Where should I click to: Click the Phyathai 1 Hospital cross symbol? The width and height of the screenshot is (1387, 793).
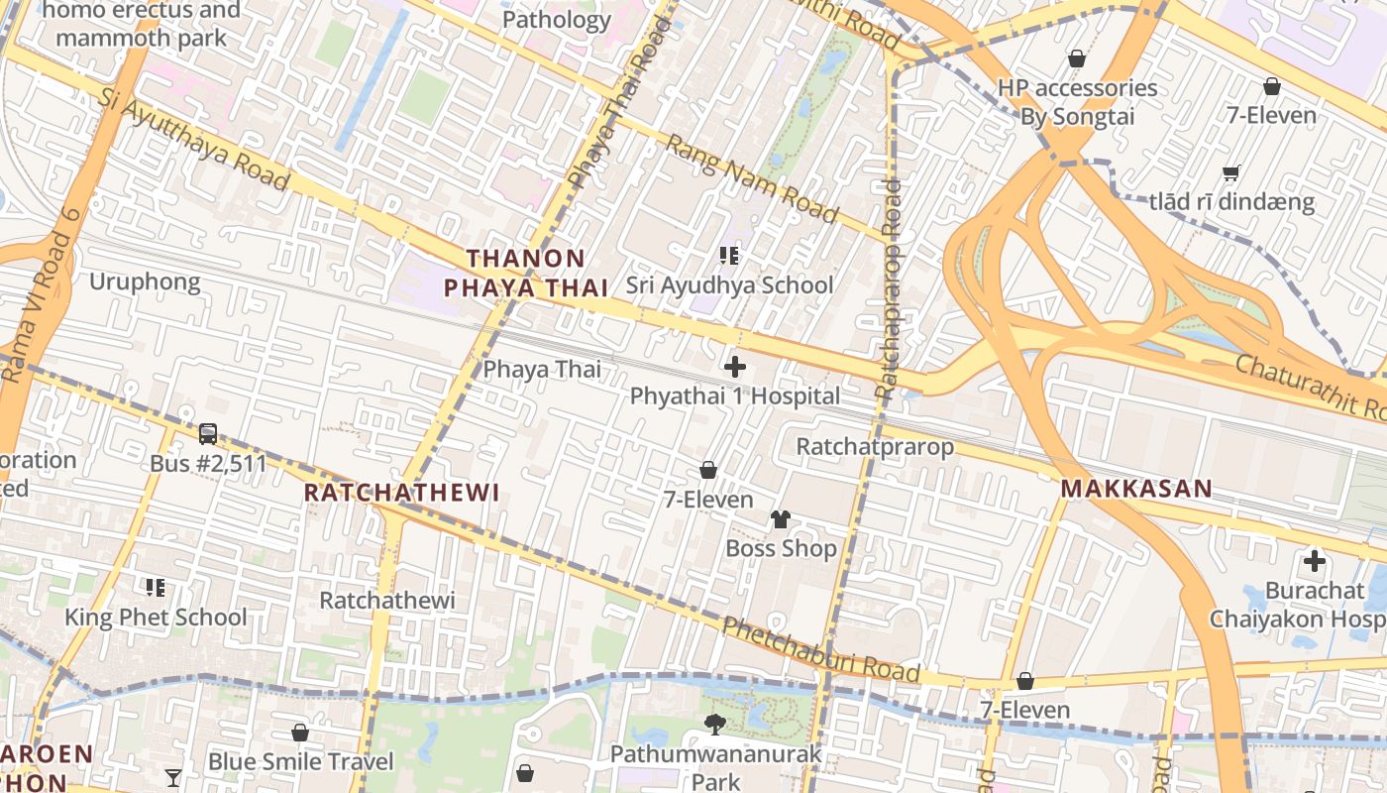[735, 367]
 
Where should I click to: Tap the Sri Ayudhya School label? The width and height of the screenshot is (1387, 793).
[729, 285]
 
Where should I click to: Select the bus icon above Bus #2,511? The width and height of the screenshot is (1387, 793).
[208, 434]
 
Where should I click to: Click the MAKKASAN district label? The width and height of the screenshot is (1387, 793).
[1136, 489]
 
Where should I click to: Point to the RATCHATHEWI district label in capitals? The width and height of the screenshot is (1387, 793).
[401, 493]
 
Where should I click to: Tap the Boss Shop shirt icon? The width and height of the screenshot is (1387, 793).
[781, 519]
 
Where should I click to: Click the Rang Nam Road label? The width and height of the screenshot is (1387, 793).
[751, 178]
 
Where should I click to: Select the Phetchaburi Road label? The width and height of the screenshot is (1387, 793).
[820, 650]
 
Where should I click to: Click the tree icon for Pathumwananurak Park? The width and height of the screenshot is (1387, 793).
[714, 725]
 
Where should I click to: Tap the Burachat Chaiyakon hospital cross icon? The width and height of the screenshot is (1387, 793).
[1315, 562]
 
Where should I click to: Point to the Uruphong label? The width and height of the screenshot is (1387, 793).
[145, 283]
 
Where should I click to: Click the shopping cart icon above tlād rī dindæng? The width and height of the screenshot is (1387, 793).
[1231, 173]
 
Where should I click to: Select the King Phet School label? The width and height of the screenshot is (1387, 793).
[156, 618]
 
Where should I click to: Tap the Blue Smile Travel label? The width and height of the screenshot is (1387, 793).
[300, 762]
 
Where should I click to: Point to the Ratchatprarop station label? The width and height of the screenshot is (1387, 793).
[875, 447]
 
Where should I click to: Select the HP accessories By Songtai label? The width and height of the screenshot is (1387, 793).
[1077, 102]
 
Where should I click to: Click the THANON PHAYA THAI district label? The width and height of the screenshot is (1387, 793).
[525, 274]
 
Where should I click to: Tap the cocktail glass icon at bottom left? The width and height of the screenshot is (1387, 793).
[173, 777]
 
